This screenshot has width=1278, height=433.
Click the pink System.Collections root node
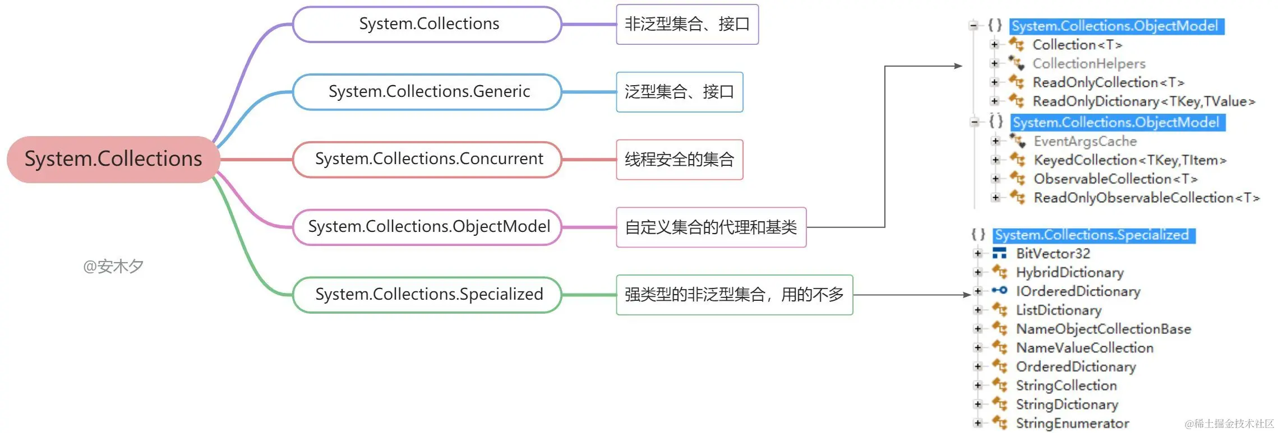coord(113,159)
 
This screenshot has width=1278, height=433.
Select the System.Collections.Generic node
coord(428,91)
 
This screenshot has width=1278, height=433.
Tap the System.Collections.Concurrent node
coord(428,159)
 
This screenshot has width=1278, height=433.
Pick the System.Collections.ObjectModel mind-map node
coord(428,227)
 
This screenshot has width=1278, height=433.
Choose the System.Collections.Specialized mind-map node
coord(428,294)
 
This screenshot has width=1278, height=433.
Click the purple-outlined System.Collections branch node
coord(428,24)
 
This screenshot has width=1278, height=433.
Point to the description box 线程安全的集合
coord(679,160)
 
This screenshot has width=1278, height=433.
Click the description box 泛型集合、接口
coord(679,92)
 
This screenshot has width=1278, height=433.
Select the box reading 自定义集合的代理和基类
coord(710,227)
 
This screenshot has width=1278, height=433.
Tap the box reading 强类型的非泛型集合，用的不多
coord(734,295)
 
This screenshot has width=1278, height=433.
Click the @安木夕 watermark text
coord(113,267)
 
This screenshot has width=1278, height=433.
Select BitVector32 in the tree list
coord(1053,254)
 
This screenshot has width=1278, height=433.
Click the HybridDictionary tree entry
coord(1069,273)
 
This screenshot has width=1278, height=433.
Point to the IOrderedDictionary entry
coord(1078,291)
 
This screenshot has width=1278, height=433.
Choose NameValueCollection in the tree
coord(1085,348)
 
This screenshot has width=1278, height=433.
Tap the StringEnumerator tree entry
coord(1072,423)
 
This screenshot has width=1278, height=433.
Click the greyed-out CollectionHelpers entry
coord(1088,64)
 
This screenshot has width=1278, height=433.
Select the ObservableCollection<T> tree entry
coord(1115,179)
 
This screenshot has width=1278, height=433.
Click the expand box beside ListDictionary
coord(978,310)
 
